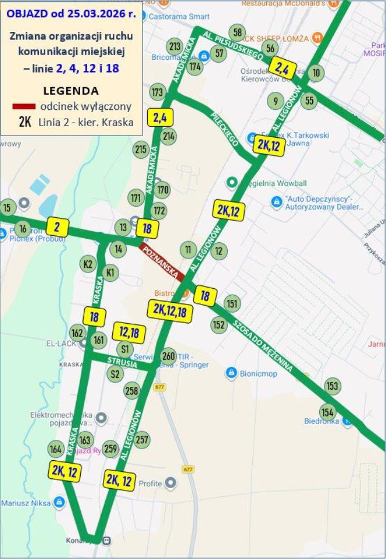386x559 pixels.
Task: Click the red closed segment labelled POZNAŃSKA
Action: point(162,262)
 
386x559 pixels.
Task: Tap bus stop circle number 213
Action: point(174,46)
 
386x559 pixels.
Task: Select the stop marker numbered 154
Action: point(328,412)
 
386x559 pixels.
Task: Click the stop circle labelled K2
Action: point(88,264)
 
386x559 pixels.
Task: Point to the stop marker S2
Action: point(115,374)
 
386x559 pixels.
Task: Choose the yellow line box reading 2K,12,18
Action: point(170,311)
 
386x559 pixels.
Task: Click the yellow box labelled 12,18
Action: point(129,332)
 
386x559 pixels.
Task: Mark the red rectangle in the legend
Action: point(23,107)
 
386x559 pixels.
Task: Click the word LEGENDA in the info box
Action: point(71,91)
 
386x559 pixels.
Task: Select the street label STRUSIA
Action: point(122,363)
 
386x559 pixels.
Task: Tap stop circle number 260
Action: point(169,356)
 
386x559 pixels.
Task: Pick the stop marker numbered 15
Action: point(7,207)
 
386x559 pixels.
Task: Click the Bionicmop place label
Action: point(257,373)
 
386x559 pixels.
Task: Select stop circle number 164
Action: point(56,449)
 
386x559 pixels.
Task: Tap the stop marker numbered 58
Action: point(237,32)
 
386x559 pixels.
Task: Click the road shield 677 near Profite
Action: point(187,469)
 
